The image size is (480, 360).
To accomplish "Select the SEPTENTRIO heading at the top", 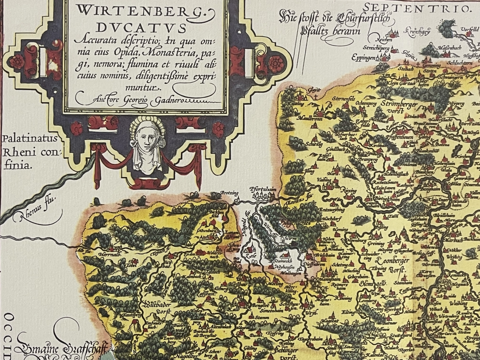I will [x=416, y=8].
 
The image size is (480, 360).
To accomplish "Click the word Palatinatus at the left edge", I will [x=30, y=140].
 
